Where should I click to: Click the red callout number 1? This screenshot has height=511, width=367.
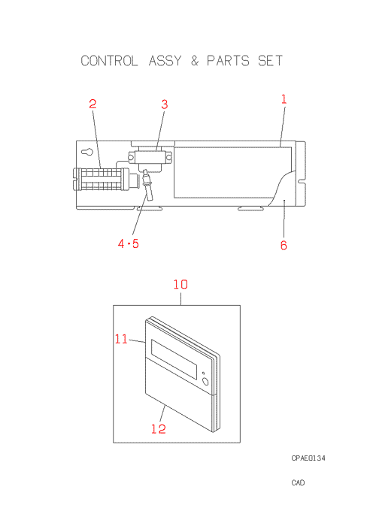point(284,99)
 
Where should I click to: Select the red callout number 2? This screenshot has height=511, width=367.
point(93,104)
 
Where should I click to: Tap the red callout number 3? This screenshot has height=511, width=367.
point(165,104)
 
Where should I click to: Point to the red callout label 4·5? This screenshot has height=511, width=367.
point(129,243)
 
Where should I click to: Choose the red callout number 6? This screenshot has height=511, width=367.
point(284,245)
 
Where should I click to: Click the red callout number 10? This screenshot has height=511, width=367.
point(180,285)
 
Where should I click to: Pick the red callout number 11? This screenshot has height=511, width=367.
point(121,339)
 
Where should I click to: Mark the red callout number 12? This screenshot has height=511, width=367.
point(159,428)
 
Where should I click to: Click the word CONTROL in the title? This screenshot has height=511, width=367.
point(109,61)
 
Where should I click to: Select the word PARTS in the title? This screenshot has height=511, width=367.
point(228,61)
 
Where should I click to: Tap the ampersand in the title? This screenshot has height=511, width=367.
point(195,61)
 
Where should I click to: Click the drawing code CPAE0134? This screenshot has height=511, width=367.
point(308,458)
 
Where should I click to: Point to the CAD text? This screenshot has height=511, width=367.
point(298,482)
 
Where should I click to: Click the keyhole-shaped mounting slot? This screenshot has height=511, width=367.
point(87,152)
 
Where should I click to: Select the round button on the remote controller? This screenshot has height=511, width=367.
point(205,381)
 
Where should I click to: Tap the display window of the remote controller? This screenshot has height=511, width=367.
point(174,359)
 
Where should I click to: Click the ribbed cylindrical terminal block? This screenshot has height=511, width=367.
point(101,179)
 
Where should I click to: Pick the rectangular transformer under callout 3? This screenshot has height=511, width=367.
point(150,158)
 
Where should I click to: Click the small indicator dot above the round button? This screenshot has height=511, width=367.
point(203,373)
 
